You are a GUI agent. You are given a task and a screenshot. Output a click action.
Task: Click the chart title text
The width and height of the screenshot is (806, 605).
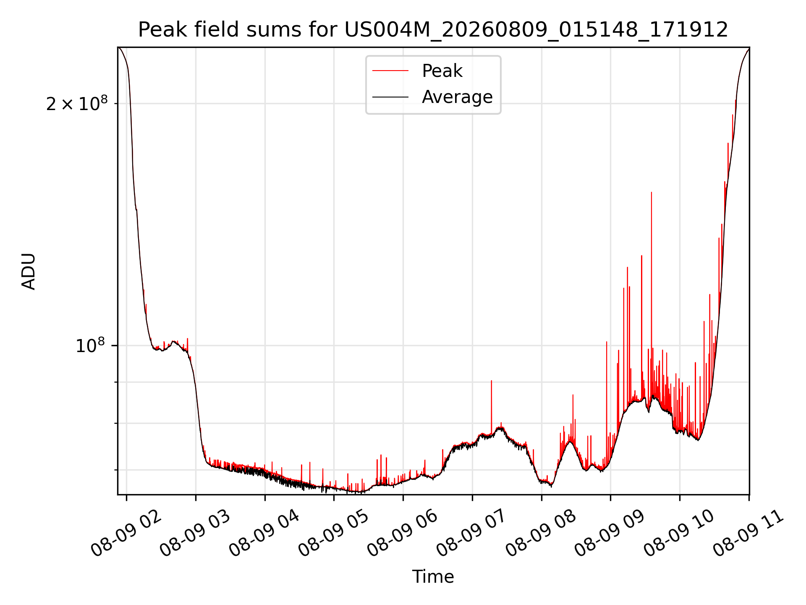click(433, 30)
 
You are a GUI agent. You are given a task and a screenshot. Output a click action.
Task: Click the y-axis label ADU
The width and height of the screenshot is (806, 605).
click(29, 271)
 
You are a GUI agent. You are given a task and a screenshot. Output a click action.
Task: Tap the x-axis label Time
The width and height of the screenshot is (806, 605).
click(433, 577)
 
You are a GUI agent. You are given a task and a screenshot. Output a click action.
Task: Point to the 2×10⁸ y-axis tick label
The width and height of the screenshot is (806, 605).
click(77, 104)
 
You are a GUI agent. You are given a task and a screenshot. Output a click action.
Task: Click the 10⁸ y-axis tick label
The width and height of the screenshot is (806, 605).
click(90, 346)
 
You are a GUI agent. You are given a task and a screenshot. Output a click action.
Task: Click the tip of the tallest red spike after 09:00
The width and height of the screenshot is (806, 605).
click(652, 192)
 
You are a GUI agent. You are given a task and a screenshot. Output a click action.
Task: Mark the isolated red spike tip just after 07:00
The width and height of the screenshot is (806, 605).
click(492, 381)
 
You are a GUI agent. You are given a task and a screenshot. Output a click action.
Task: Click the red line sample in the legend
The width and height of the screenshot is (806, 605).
click(390, 71)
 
